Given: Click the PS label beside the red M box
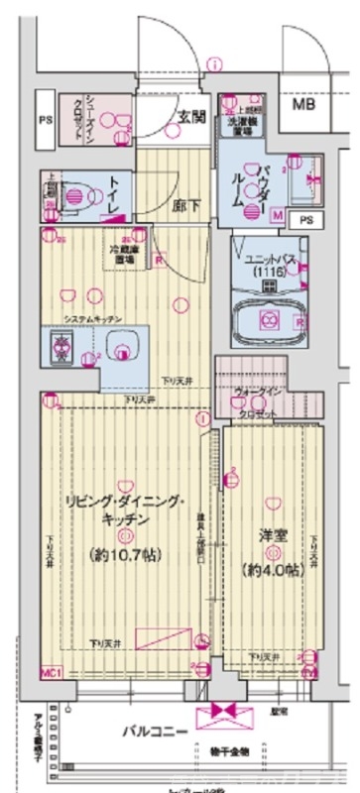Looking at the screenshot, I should coord(305,220).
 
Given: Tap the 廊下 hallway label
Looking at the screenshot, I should coord(181,209).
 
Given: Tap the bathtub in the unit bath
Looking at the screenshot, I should coord(269,319).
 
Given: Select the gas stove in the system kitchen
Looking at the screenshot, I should coord(59,346).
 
